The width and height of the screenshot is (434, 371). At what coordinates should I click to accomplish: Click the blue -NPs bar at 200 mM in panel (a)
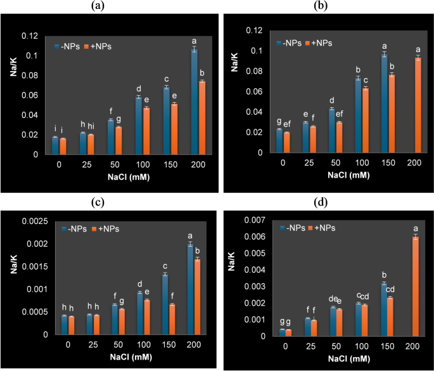pyautogui.click(x=195, y=101)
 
